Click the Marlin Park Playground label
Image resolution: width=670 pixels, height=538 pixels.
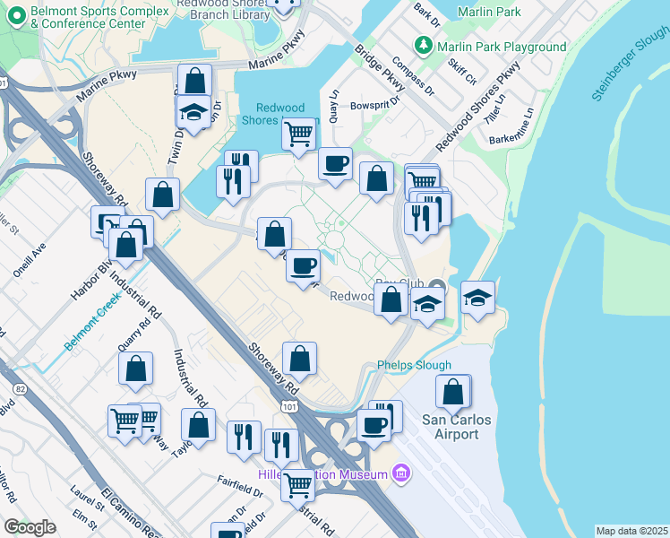502,47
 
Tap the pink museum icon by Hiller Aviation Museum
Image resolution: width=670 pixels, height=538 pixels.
401,473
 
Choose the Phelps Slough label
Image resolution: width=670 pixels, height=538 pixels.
414,365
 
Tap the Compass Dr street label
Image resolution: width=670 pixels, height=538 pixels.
413,76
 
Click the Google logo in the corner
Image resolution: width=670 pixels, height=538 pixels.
30,527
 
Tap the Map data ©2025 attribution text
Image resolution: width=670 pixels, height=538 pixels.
631,531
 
